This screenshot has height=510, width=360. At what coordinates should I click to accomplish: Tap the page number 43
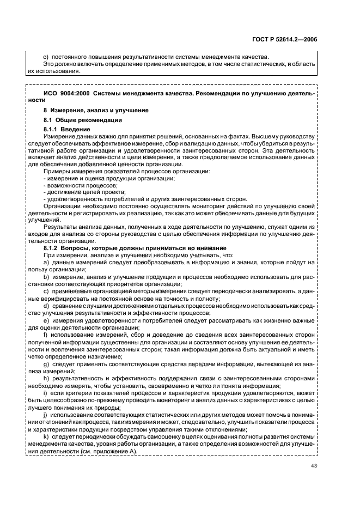tap(314, 465)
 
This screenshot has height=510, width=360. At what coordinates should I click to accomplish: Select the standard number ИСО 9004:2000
tap(62, 94)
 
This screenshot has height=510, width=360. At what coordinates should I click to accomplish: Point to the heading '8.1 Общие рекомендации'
tap(82, 119)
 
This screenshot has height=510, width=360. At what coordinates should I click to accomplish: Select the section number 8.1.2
tap(52, 248)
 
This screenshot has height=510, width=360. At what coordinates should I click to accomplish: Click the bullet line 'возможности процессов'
tap(72, 185)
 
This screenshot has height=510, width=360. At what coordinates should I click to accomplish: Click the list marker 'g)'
tap(46, 363)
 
